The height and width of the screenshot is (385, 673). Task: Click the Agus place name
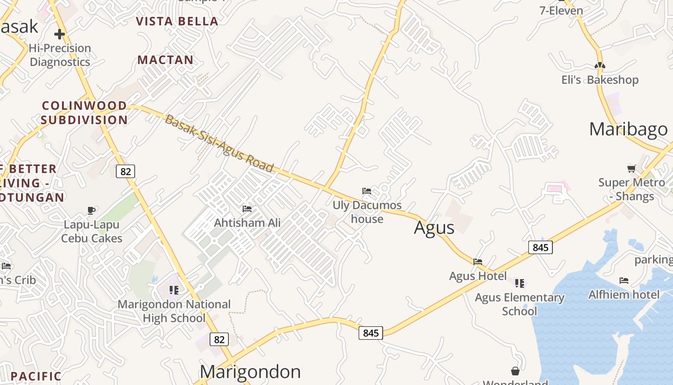434,228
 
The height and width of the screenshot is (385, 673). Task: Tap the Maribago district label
628,129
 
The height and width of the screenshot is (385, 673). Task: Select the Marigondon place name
250,372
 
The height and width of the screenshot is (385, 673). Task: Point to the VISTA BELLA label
177,21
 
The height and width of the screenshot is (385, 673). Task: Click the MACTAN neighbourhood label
165,60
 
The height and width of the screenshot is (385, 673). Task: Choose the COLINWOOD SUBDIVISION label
84,113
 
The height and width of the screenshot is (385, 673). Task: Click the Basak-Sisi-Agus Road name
219,144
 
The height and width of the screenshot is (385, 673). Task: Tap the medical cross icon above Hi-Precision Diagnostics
60,34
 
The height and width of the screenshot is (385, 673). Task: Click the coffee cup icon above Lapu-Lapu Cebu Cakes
91,210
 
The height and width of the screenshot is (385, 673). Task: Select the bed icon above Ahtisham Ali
247,209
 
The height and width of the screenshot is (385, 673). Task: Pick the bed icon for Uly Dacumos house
367,191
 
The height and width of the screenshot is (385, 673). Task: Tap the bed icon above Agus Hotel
478,262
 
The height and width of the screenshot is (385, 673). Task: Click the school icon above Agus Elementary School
519,283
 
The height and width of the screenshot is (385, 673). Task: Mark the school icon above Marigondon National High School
174,290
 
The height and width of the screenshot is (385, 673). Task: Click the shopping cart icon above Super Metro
632,168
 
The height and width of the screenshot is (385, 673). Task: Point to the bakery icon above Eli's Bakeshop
599,65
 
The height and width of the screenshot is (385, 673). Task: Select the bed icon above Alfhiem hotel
624,280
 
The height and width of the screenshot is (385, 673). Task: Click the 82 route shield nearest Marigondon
219,339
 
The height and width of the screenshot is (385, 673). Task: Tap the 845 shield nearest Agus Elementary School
540,247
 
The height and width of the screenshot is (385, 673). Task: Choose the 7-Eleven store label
561,11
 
